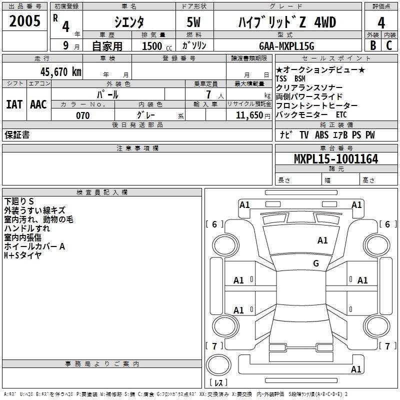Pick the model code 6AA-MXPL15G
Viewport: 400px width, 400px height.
286,46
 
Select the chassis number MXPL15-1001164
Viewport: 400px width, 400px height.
336,159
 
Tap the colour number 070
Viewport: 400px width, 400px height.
82,115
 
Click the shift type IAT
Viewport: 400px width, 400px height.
14,104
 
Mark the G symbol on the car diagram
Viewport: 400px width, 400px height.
316,263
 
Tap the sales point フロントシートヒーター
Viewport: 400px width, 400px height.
316,105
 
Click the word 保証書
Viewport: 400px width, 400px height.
17,134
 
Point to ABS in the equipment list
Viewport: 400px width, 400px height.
321,135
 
